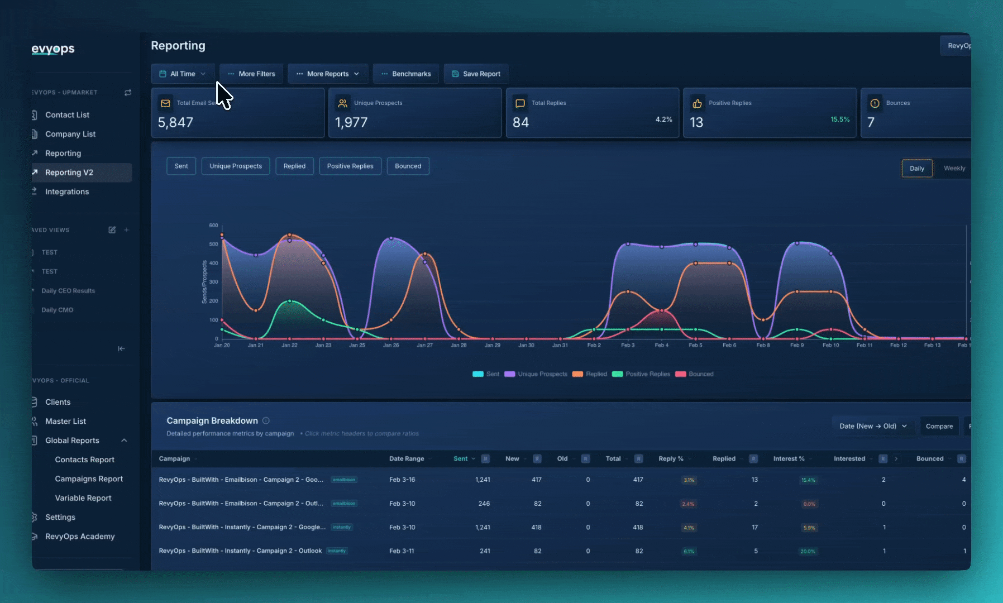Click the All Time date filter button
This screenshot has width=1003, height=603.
(182, 74)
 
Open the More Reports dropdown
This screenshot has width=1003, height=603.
(328, 74)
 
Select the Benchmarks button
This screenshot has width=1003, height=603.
(406, 74)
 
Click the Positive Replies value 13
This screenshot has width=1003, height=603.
(696, 122)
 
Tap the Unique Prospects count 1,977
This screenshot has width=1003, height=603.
(351, 122)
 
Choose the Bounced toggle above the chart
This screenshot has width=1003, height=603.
(408, 166)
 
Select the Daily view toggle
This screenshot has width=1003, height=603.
(916, 168)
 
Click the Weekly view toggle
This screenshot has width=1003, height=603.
(954, 168)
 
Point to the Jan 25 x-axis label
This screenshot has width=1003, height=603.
(357, 345)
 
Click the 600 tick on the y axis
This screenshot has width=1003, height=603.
(213, 226)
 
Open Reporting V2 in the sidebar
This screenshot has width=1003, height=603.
(69, 173)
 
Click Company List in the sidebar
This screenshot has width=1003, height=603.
(70, 134)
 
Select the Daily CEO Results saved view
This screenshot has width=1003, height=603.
(68, 291)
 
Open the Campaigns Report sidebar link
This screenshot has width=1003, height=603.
(89, 478)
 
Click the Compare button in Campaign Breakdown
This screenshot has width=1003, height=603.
(939, 426)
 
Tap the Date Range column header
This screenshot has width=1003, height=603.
(407, 458)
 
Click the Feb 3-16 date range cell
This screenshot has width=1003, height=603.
(402, 480)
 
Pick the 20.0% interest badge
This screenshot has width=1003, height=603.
(808, 551)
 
